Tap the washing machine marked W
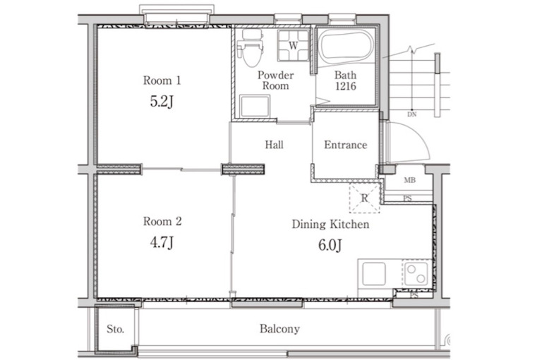point(294,46)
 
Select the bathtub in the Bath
point(346,49)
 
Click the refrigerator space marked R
point(365,198)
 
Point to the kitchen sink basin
point(373,274)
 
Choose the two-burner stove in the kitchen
point(416,274)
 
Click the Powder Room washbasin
point(255,106)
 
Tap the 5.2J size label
point(162,102)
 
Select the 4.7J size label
point(162,243)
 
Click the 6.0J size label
point(330,245)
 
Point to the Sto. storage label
point(115,329)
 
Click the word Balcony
point(279,328)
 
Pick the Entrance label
point(346,145)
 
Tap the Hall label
point(274,145)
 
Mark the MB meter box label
point(409,180)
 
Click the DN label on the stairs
point(411,114)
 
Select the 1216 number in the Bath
point(346,86)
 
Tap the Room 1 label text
point(162,80)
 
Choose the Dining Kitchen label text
point(330,224)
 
